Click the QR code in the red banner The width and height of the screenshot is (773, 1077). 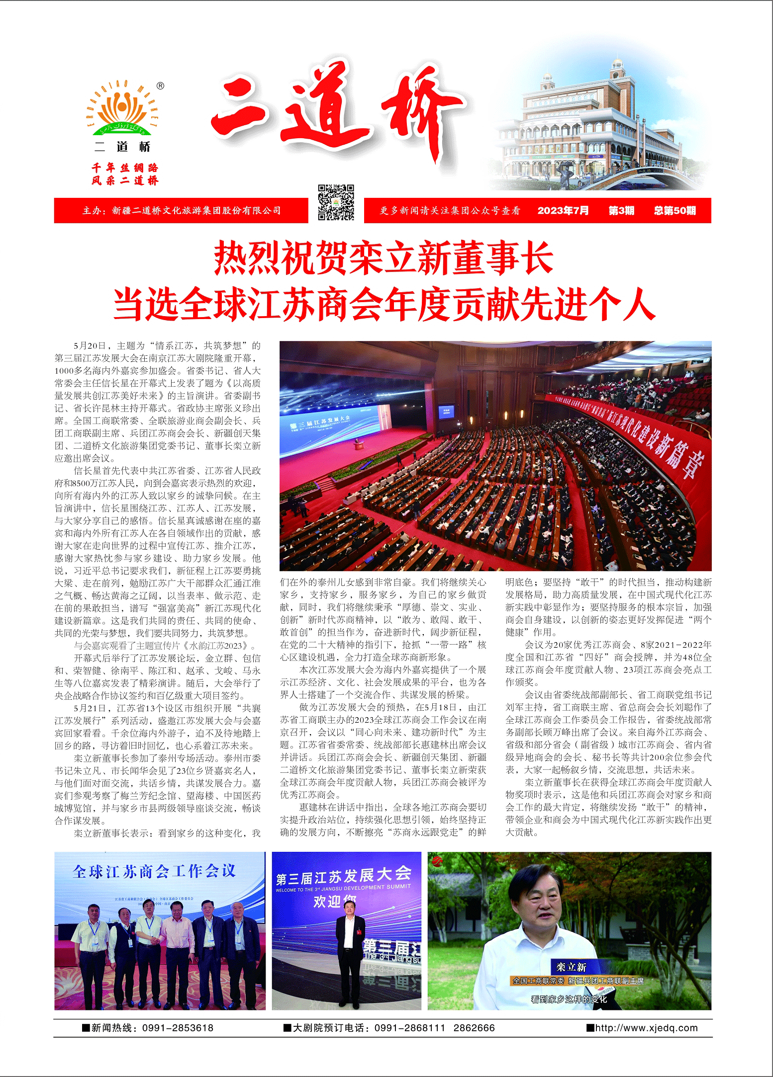pos(336,202)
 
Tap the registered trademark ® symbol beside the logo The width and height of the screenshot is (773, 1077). pos(161,85)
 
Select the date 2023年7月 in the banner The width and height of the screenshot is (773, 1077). pos(563,211)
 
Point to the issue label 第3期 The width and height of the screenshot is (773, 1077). pos(621,211)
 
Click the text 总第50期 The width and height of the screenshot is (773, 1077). pos(675,211)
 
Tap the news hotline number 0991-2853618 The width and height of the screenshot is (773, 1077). pos(178,1028)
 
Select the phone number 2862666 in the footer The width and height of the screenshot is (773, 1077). pos(474,1028)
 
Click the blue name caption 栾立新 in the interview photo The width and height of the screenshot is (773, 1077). pos(571,967)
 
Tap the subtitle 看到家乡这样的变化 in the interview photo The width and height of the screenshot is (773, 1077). pos(569,999)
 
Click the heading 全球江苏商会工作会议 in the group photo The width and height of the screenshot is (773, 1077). pos(154,871)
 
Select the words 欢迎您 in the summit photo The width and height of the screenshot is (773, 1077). pos(335,901)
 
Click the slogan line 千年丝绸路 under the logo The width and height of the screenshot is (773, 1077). pos(124,168)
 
